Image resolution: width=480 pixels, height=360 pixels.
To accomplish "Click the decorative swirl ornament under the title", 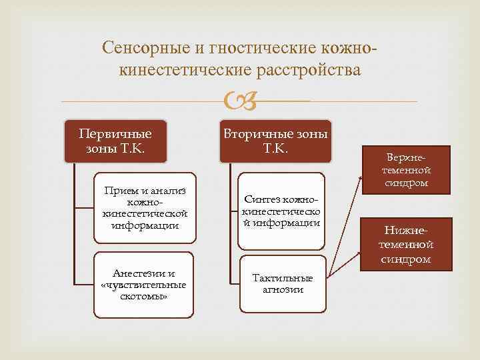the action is click(239, 102).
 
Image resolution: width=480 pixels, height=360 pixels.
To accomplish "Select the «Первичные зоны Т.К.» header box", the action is click(115, 140).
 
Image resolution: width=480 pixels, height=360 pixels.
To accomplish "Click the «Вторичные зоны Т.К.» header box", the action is click(275, 140).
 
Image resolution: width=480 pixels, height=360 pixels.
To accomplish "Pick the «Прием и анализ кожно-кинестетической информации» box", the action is click(144, 209).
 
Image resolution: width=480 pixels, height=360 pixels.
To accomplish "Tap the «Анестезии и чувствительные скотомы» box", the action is click(144, 285).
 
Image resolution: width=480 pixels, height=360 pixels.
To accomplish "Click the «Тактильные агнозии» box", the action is click(282, 283).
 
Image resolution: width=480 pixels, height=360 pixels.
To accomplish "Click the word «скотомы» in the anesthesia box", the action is click(144, 295).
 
